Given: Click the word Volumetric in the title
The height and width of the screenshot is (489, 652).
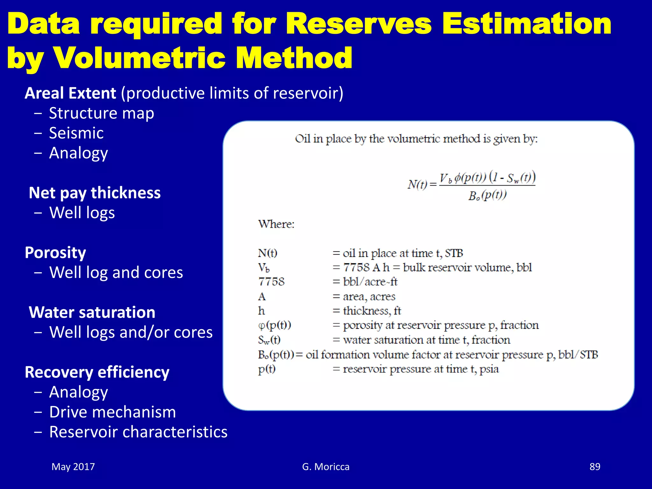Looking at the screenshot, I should (140, 58).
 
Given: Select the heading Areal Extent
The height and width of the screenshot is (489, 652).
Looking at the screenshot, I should (70, 93).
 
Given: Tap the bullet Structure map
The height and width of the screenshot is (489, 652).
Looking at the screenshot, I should (102, 113).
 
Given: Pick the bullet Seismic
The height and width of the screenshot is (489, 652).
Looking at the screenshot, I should (76, 133).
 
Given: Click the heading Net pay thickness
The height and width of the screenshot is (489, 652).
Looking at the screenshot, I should (95, 193).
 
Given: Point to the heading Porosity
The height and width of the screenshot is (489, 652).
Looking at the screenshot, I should (55, 253).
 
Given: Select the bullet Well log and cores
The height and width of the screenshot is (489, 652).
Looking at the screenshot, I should (116, 273).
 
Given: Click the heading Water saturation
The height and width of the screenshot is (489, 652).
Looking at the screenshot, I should (92, 312).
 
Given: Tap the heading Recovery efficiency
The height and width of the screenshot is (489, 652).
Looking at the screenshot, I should (97, 372).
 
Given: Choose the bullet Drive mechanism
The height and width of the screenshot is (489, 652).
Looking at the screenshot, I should (113, 412).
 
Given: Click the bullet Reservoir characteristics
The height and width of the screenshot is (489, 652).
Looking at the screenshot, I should (138, 432).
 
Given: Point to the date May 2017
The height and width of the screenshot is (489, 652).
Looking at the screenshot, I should (73, 467).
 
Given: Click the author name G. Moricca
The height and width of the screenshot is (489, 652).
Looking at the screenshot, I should (326, 467).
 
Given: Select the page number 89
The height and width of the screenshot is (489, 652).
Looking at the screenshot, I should (595, 467).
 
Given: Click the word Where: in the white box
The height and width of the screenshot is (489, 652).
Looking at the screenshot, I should (276, 224).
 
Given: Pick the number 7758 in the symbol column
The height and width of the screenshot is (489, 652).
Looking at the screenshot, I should (271, 282).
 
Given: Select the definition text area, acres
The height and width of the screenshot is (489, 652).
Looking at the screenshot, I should (369, 297).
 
